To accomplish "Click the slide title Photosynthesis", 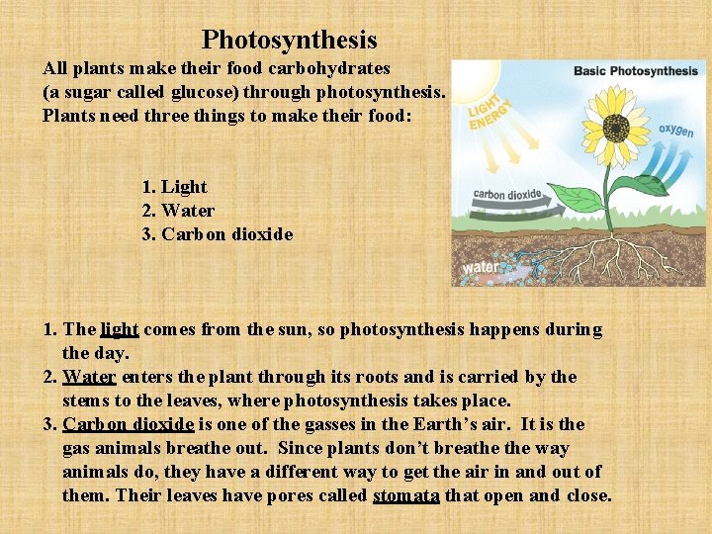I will [289, 40].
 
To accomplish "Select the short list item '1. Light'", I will [175, 187].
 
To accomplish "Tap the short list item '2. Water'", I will [178, 211].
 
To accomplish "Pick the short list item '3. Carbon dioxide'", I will [218, 234].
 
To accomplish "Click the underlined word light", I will [120, 329].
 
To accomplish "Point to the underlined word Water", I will [89, 377].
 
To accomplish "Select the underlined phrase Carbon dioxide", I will [128, 424].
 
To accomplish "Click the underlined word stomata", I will [405, 495].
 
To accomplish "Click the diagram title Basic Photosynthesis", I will [636, 71].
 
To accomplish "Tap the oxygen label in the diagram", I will [676, 132].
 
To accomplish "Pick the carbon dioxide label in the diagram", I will [507, 195].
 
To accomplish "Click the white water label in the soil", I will [481, 267].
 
